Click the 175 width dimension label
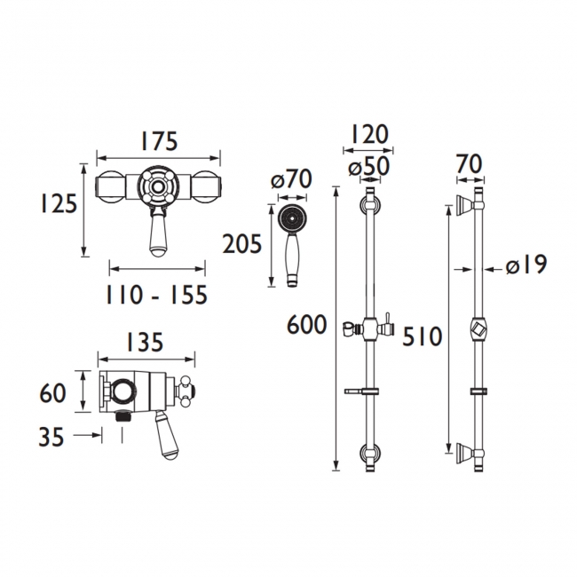tap(159, 141)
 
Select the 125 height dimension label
tap(58, 206)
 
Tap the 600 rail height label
tap(308, 327)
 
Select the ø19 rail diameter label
tap(526, 265)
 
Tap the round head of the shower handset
tap(290, 217)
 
